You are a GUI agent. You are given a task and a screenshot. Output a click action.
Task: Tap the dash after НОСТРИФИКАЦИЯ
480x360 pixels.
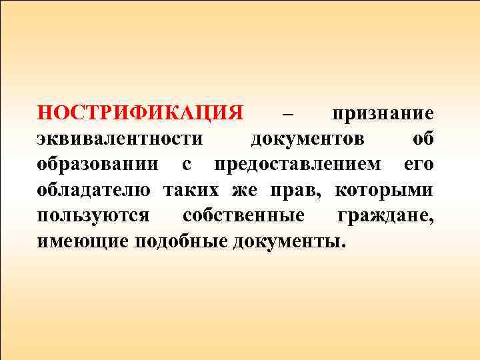pos(288,114)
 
